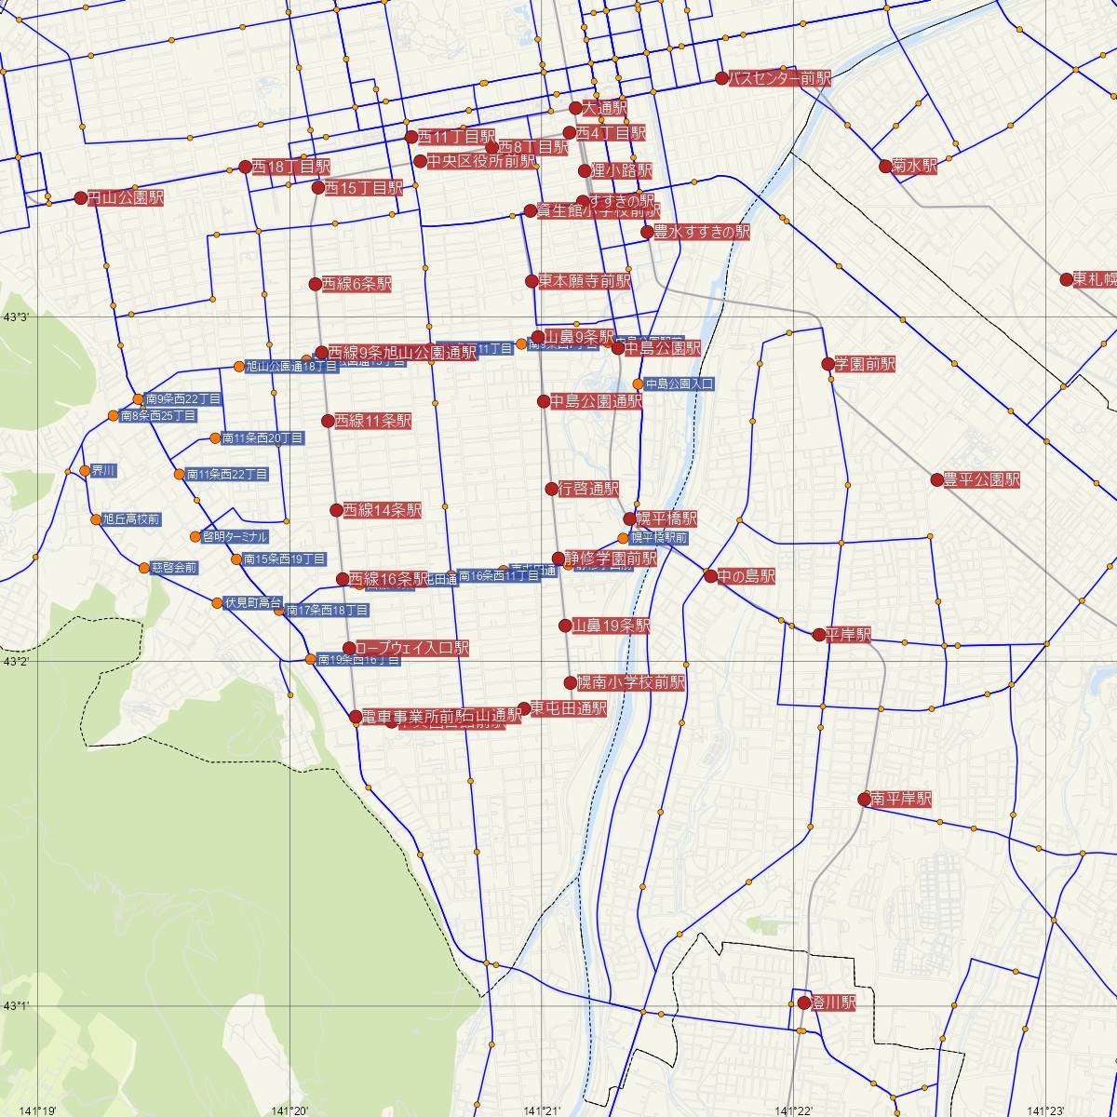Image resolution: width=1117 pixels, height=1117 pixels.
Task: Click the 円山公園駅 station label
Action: (126, 198)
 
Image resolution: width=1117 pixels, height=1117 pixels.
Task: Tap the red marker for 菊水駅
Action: (885, 167)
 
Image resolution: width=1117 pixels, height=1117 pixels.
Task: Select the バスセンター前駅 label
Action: (779, 78)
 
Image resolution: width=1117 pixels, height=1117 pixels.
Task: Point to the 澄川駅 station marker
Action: (804, 1003)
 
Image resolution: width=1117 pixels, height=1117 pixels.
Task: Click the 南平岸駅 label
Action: (901, 800)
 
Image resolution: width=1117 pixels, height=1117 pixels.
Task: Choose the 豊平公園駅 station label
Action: (981, 480)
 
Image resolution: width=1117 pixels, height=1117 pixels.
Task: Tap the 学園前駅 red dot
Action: (828, 363)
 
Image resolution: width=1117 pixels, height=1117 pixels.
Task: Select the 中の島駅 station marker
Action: (711, 576)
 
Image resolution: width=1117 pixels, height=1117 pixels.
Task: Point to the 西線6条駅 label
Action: (357, 284)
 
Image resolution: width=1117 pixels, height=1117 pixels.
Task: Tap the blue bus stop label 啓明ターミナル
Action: (235, 537)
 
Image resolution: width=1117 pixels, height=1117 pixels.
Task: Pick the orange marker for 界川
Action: (85, 470)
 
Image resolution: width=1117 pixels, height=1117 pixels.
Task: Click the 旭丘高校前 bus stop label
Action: (131, 519)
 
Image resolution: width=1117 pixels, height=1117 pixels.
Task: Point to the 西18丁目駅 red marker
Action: (246, 167)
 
